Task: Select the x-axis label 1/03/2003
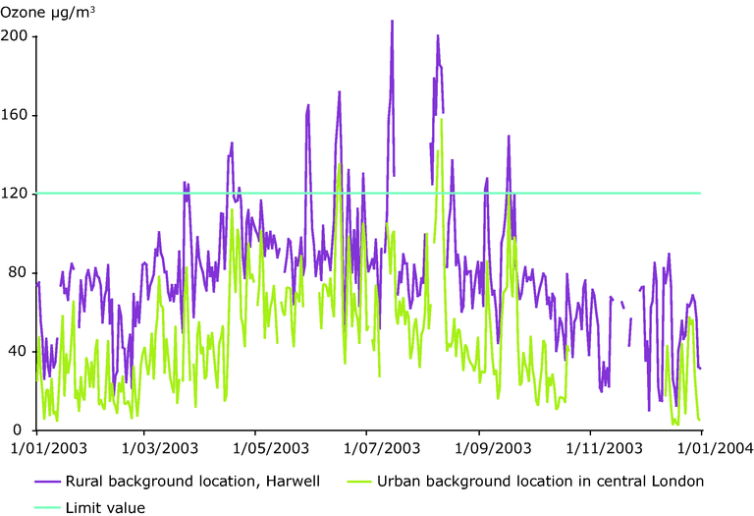pyautogui.click(x=143, y=448)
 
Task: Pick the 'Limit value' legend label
pyautogui.click(x=105, y=507)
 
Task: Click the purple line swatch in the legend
pyautogui.click(x=47, y=483)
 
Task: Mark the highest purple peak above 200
pyautogui.click(x=392, y=22)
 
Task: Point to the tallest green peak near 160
pyautogui.click(x=442, y=120)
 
